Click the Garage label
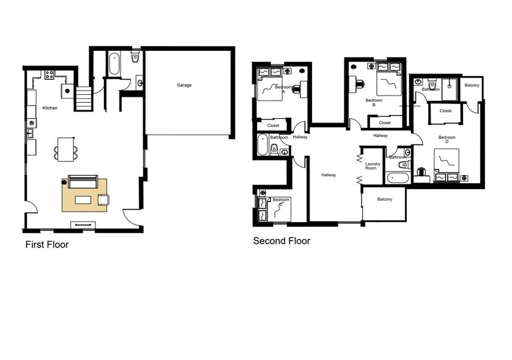184,85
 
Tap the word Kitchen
50,108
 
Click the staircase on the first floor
83,98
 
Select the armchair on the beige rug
102,199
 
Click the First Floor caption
46,245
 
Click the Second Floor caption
281,241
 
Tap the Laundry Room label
373,166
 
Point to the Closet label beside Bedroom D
445,111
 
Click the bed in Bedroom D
448,163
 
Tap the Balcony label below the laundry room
384,200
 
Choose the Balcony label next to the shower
472,85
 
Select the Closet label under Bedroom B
384,122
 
